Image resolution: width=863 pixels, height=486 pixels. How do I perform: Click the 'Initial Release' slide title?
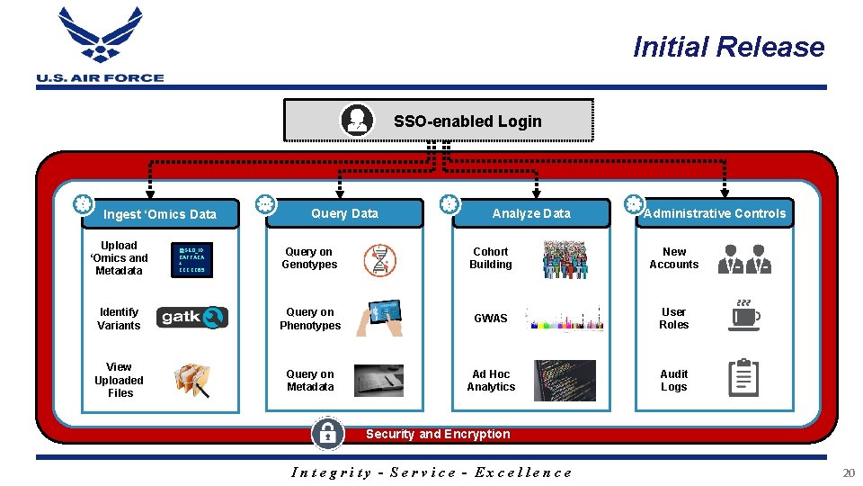click(x=728, y=47)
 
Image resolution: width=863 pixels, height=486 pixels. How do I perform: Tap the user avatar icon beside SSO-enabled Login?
click(x=357, y=120)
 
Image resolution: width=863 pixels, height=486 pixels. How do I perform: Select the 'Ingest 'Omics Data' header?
click(x=160, y=214)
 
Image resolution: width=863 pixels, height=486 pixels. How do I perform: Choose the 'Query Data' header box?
click(x=344, y=213)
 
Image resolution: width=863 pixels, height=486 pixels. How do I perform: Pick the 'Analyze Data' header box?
click(x=530, y=213)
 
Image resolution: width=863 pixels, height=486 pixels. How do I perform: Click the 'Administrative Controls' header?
click(x=715, y=213)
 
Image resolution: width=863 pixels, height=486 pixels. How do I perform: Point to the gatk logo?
click(x=193, y=318)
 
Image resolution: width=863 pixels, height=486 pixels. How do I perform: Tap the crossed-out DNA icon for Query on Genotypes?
click(x=379, y=259)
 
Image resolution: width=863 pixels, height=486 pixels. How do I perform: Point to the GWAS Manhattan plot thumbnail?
click(x=564, y=319)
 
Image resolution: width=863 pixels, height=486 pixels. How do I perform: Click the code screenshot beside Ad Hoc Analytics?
click(x=565, y=381)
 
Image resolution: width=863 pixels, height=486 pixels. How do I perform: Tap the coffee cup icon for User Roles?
click(x=743, y=317)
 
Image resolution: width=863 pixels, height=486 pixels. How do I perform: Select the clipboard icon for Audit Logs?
click(x=743, y=378)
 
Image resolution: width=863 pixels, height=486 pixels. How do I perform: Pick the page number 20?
click(x=849, y=472)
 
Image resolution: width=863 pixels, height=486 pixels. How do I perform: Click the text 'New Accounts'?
click(x=674, y=258)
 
